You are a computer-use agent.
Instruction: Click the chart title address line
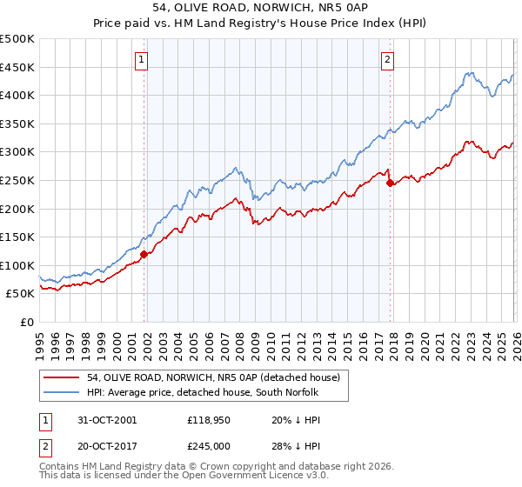click(260, 8)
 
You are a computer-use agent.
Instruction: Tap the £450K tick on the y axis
click(17, 67)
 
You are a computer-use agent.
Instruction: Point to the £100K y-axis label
click(17, 265)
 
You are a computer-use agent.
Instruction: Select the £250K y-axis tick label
click(17, 180)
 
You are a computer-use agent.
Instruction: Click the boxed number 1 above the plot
click(141, 60)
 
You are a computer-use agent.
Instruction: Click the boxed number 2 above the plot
click(387, 60)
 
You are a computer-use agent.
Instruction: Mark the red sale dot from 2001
click(144, 254)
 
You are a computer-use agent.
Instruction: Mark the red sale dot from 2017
click(390, 183)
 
